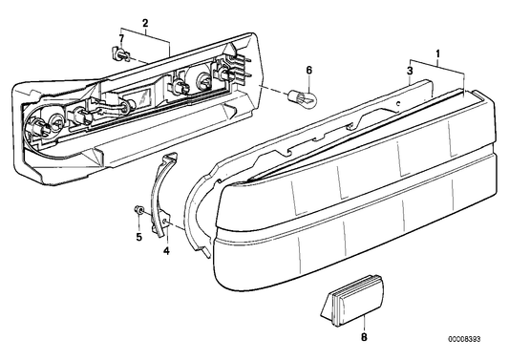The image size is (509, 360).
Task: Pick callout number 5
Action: (x=138, y=236)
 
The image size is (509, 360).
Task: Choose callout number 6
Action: (x=308, y=70)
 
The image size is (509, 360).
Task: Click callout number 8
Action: (x=363, y=336)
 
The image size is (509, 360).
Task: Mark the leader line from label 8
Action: (x=363, y=320)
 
